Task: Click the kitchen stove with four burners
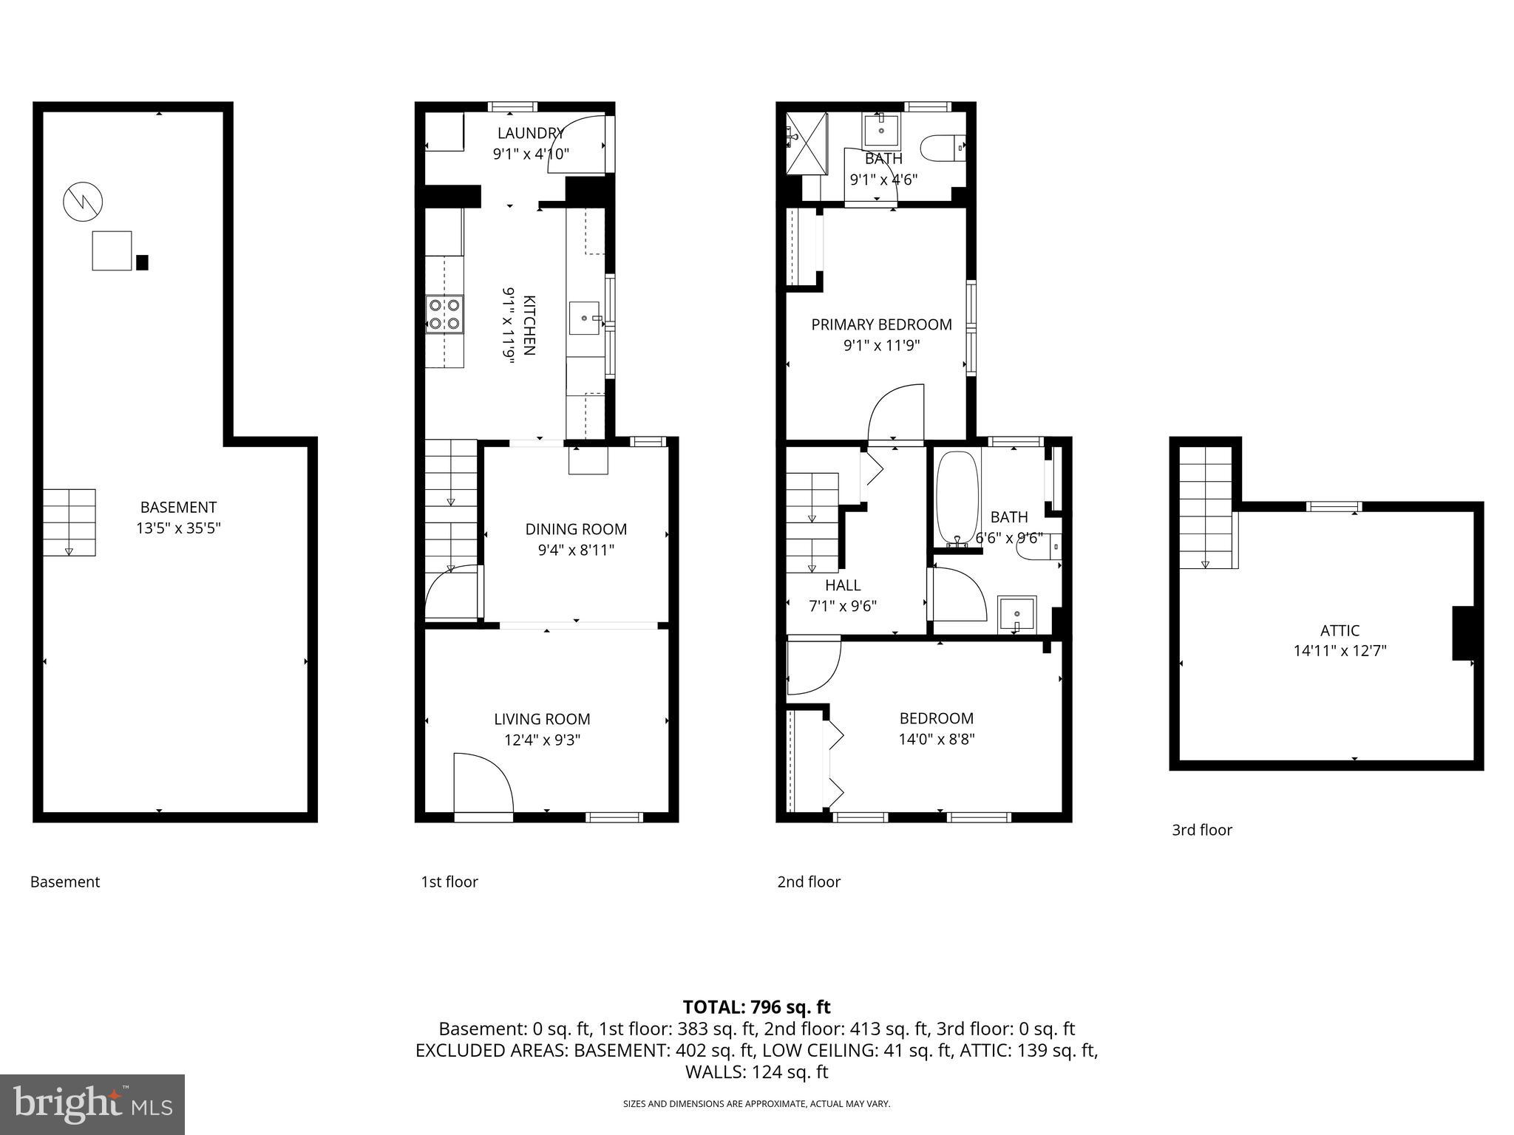[x=444, y=313]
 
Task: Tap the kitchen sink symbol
[x=585, y=318]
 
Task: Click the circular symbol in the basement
[x=83, y=202]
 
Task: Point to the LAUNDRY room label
[x=530, y=133]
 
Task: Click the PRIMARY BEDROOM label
[x=881, y=324]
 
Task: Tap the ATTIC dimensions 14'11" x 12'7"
[x=1340, y=651]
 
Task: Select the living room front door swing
[x=481, y=783]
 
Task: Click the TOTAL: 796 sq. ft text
[x=756, y=1006]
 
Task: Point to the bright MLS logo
[x=92, y=1104]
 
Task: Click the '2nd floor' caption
[x=809, y=882]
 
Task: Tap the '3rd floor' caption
[x=1201, y=830]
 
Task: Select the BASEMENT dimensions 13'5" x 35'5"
[x=178, y=528]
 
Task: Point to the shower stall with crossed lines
[x=806, y=143]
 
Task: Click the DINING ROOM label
[x=576, y=529]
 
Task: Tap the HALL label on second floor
[x=843, y=585]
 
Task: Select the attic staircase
[x=1206, y=507]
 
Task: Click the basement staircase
[x=69, y=522]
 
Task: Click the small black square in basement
[x=142, y=262]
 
